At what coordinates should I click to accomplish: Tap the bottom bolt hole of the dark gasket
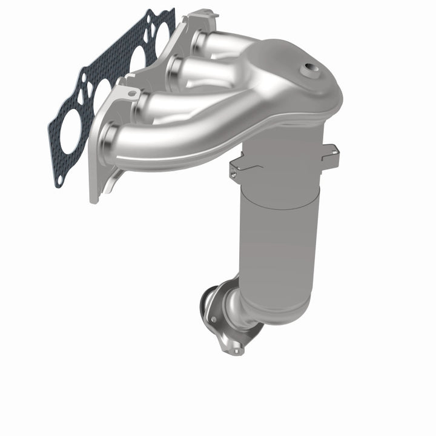[x=60, y=179]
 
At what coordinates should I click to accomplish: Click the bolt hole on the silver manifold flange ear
[x=132, y=93]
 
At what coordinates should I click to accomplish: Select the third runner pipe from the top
[x=163, y=103]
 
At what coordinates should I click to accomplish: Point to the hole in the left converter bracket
[x=234, y=173]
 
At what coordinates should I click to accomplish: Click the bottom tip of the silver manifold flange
[x=94, y=197]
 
